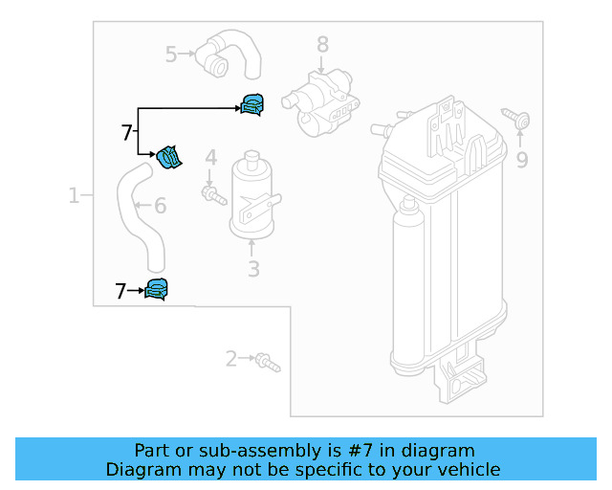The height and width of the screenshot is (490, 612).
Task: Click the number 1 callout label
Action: (74, 196)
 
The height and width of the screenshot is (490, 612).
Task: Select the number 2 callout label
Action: (230, 359)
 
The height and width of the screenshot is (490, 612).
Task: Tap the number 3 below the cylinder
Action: (253, 270)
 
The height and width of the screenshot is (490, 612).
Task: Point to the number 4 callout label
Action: (210, 157)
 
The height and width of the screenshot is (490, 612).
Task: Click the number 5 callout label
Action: (171, 55)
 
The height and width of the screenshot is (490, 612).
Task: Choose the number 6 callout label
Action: (160, 205)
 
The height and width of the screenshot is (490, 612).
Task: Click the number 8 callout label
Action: (322, 44)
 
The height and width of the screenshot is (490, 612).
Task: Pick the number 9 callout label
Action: (521, 160)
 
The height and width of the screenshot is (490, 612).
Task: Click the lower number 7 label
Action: (120, 291)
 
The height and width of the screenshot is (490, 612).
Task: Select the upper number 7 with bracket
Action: (126, 133)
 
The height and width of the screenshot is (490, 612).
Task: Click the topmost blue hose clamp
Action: (253, 104)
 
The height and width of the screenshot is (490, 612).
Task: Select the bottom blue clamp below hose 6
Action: (156, 288)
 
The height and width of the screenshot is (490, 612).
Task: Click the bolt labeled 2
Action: (268, 363)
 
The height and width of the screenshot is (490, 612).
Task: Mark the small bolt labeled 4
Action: (211, 195)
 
